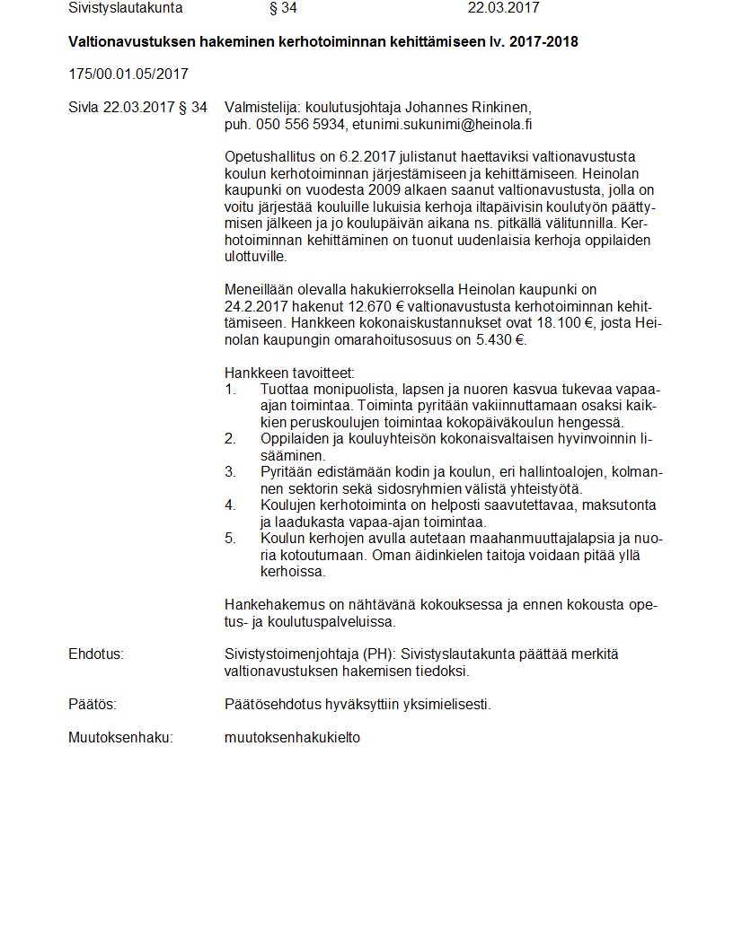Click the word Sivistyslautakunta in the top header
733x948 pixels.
(x=125, y=9)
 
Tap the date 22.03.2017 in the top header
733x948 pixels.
(x=504, y=9)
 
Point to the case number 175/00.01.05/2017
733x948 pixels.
(x=128, y=74)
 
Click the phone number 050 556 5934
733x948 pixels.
(x=300, y=125)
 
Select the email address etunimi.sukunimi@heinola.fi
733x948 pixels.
(x=447, y=125)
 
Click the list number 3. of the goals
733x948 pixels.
(x=230, y=471)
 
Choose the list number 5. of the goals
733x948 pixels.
(x=230, y=538)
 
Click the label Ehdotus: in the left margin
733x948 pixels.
(x=96, y=654)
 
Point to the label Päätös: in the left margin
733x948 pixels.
(x=93, y=705)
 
